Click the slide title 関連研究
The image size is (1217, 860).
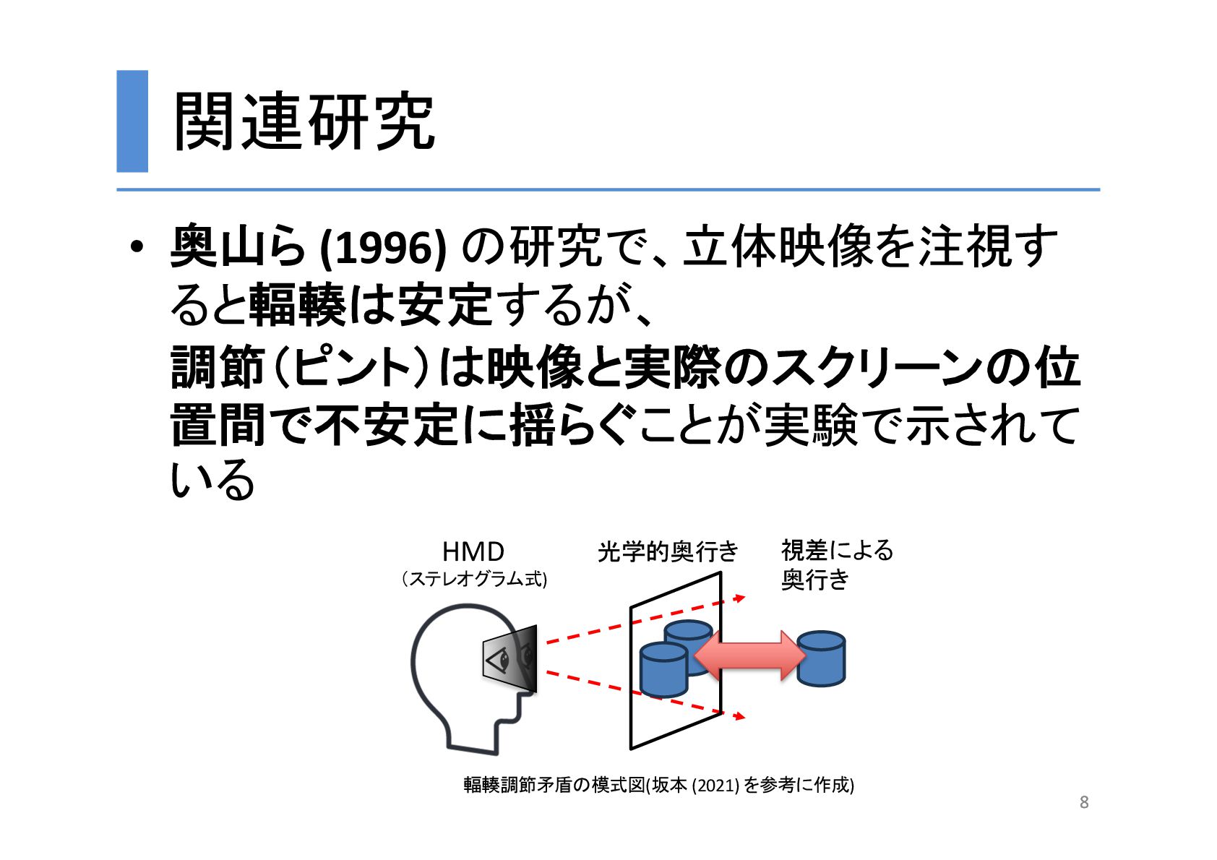[x=304, y=121]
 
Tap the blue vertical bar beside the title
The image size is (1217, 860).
[x=132, y=121]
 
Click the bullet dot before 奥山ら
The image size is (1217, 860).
[x=137, y=248]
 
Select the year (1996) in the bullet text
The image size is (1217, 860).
[x=382, y=248]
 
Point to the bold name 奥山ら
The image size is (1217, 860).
[x=238, y=248]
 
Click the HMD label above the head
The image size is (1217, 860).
[x=473, y=552]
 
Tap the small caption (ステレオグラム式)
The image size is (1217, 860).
[x=473, y=579]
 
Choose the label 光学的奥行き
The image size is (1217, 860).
[x=667, y=552]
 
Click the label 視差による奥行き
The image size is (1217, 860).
[x=837, y=564]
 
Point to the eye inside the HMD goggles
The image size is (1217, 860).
[x=499, y=660]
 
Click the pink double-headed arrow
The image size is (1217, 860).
[x=749, y=655]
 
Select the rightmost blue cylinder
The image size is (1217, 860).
[x=821, y=658]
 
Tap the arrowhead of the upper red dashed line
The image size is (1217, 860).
[x=739, y=598]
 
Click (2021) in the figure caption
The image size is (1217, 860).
[x=715, y=785]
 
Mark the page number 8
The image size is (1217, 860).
[x=1084, y=802]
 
